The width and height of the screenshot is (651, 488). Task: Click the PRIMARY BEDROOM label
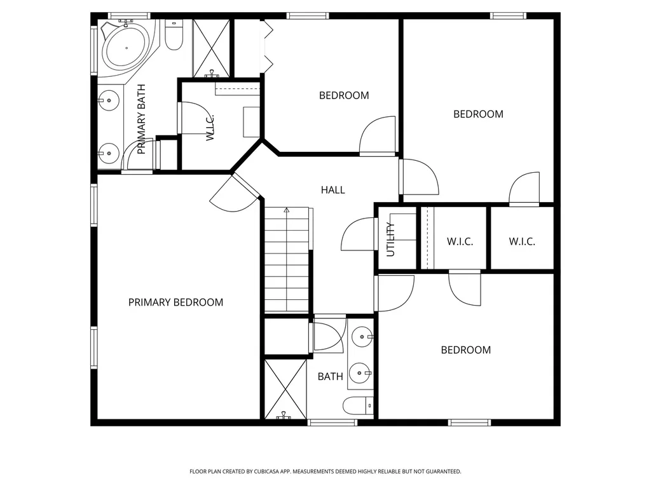(x=175, y=302)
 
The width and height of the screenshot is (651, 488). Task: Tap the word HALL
(x=333, y=190)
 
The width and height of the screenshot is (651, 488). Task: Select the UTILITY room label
(x=391, y=240)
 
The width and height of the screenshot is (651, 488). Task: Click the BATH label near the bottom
(x=331, y=376)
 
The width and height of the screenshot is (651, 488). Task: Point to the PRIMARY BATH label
(x=141, y=119)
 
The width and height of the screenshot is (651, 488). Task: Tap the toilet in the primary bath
(x=174, y=35)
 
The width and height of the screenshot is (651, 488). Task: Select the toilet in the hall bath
(x=359, y=405)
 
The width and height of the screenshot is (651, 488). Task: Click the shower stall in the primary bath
(x=211, y=48)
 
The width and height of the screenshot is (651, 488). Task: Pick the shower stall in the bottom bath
(x=285, y=390)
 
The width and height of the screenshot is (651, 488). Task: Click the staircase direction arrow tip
(x=287, y=209)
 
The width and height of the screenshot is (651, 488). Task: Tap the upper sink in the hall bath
(x=362, y=337)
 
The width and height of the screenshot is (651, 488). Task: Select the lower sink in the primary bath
(x=109, y=153)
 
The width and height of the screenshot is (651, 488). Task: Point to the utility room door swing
(x=357, y=234)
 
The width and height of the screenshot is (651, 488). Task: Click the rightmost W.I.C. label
(x=522, y=241)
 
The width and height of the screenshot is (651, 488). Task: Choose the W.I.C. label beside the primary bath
(x=210, y=128)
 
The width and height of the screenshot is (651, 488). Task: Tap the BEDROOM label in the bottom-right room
(x=466, y=350)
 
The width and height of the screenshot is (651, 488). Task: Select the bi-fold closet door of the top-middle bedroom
(x=268, y=46)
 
